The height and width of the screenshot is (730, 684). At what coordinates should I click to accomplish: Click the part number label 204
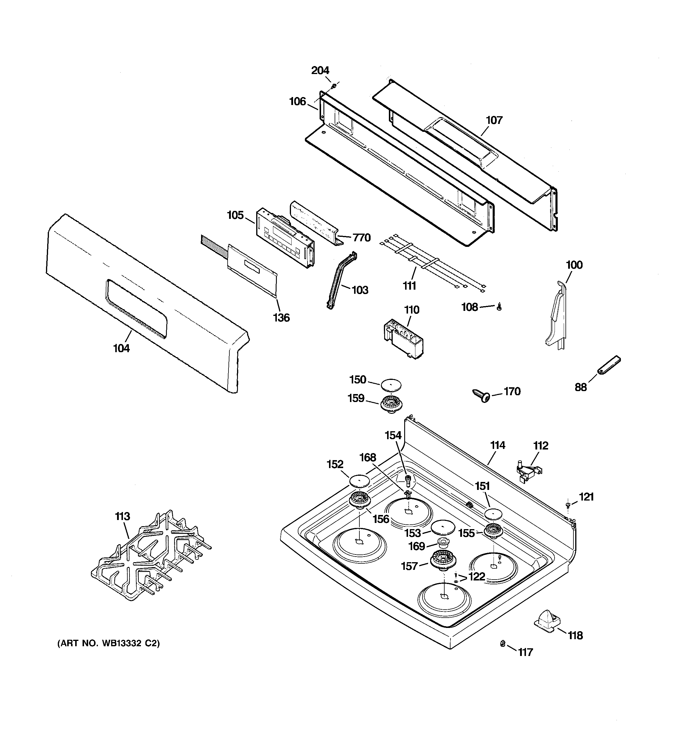(320, 70)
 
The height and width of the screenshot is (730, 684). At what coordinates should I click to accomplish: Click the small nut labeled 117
(503, 653)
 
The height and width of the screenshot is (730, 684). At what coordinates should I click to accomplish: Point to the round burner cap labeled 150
(391, 385)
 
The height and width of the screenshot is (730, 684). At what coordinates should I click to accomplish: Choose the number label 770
(362, 238)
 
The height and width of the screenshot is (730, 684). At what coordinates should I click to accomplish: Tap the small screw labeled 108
(499, 307)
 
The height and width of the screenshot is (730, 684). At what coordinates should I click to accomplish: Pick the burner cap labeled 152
(359, 480)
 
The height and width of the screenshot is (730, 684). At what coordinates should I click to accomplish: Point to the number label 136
(281, 317)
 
